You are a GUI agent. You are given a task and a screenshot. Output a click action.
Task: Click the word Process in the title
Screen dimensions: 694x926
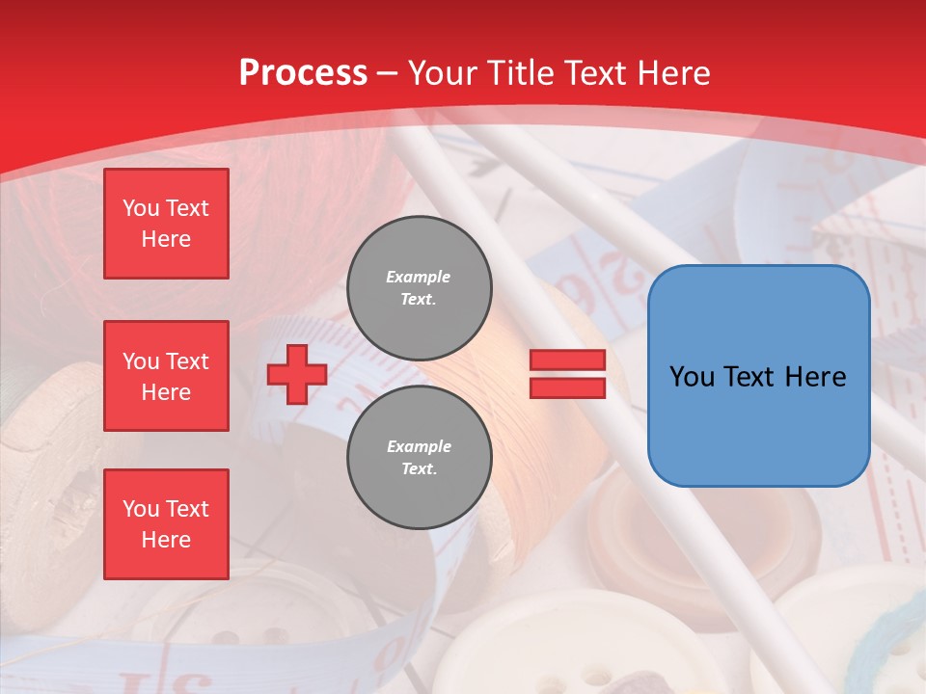point(303,73)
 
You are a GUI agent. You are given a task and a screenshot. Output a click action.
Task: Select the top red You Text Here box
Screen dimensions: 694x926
point(166,224)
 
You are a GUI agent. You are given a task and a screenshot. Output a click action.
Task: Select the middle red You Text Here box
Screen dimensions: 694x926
point(166,376)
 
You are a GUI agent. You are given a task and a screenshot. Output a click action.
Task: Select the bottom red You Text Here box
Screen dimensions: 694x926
point(166,524)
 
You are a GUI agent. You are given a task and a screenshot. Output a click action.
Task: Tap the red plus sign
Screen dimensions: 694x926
point(297,374)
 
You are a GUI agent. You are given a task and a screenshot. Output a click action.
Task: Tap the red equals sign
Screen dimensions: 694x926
point(567,374)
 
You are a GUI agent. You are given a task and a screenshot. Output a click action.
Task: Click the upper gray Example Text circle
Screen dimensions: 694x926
point(419,287)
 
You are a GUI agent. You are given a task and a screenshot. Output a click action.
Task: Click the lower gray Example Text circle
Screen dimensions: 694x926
point(419,457)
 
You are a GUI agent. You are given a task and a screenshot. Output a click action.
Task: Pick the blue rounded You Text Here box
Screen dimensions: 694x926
point(758,376)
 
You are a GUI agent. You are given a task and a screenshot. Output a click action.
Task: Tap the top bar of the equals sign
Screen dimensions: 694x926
point(567,360)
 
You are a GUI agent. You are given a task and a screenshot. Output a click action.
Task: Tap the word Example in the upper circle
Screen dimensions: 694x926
point(418,277)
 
